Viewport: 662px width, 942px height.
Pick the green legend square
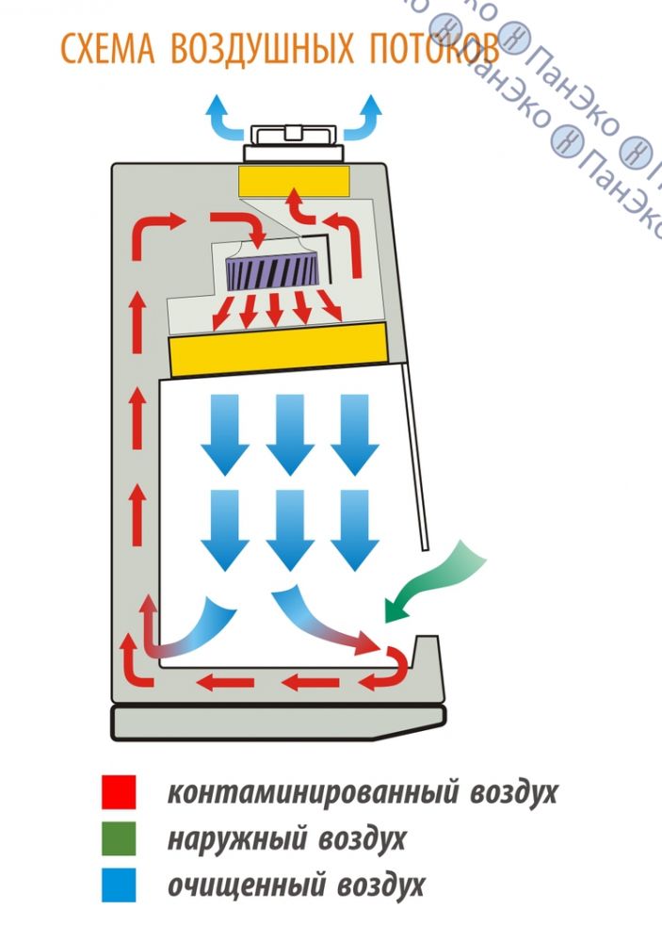click(119, 837)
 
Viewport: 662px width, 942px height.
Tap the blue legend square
click(119, 884)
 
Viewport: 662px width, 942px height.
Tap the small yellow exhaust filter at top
click(294, 181)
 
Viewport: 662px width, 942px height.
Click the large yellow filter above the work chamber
click(279, 344)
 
